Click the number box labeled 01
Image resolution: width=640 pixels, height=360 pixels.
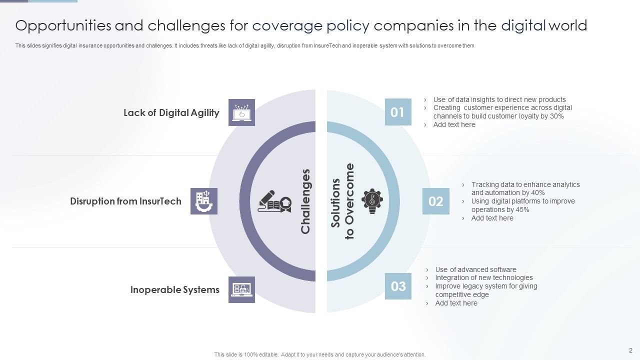(x=398, y=112)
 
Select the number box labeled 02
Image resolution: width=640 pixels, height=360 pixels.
(x=435, y=201)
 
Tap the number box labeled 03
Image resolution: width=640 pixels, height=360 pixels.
(x=398, y=286)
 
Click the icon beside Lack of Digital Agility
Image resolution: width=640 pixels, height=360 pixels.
(x=241, y=112)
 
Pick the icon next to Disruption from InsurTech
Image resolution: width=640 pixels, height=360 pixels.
(x=203, y=201)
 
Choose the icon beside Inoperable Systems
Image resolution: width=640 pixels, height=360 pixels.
(x=241, y=289)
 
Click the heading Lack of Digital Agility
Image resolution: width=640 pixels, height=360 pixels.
(x=171, y=112)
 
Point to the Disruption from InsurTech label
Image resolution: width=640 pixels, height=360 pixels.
(x=125, y=201)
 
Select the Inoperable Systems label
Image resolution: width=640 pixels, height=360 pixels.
(x=174, y=290)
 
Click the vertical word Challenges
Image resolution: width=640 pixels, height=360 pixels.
(x=305, y=201)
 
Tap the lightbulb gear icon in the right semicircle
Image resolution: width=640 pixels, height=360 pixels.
(x=372, y=201)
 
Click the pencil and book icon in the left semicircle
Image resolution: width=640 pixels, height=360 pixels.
(x=274, y=201)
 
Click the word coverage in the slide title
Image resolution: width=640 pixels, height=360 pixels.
(x=285, y=25)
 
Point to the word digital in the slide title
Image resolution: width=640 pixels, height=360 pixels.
(x=523, y=25)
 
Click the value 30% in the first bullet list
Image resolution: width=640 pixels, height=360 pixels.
(x=556, y=116)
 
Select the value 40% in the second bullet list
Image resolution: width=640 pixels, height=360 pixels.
(x=537, y=193)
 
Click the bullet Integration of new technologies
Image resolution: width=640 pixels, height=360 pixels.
(x=483, y=278)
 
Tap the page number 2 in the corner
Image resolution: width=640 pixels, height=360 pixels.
(x=630, y=350)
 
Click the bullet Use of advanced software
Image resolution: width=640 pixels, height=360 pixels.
(x=475, y=269)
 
